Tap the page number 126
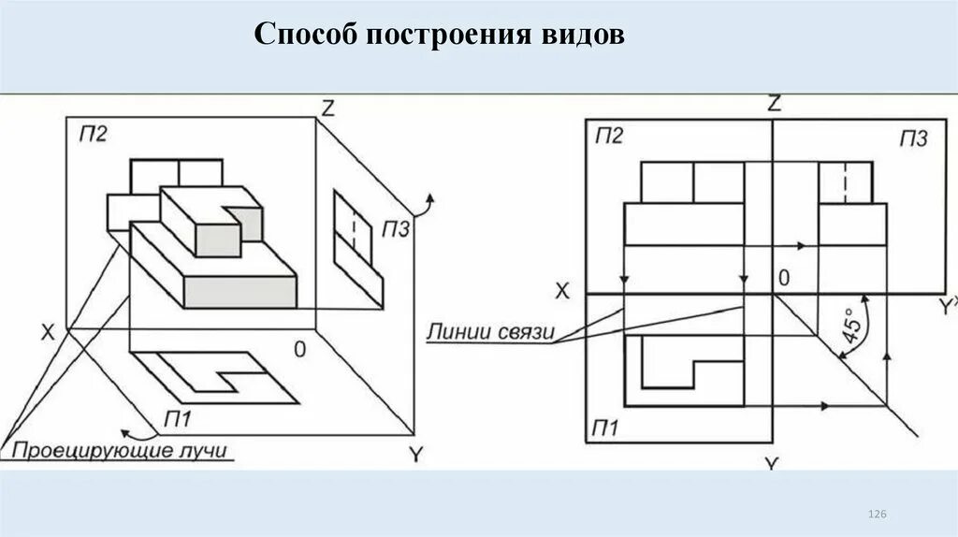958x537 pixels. [x=877, y=515]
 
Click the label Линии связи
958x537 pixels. [x=491, y=332]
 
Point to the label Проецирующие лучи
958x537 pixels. [x=120, y=452]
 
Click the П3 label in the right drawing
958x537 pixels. [x=913, y=138]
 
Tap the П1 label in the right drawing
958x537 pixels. [x=605, y=428]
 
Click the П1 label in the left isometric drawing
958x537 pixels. [x=178, y=416]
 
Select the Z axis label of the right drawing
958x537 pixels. [x=774, y=104]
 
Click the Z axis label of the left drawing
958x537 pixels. [x=327, y=107]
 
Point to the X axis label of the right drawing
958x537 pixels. [x=561, y=291]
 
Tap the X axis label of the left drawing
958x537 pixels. [x=48, y=330]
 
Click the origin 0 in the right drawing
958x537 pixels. [x=784, y=278]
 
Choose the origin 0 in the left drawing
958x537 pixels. [x=299, y=350]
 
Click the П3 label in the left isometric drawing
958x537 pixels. [x=395, y=230]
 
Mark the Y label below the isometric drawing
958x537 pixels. [x=416, y=454]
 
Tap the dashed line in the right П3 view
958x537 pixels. [x=845, y=181]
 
